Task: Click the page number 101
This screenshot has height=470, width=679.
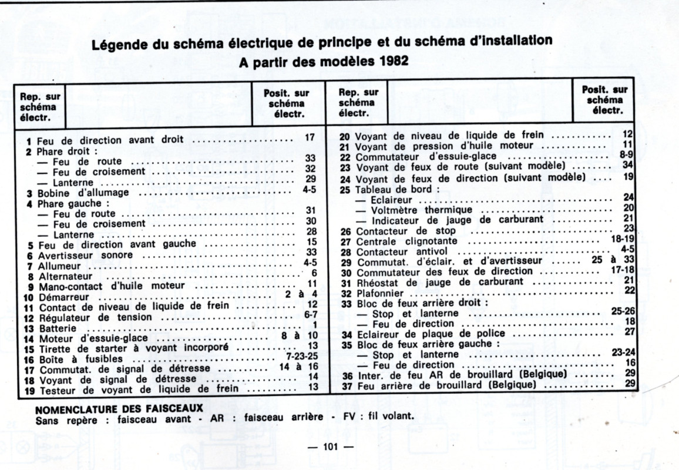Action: [x=331, y=447]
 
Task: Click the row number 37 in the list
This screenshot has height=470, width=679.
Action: [x=347, y=386]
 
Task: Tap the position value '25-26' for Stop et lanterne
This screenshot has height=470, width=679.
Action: [x=623, y=311]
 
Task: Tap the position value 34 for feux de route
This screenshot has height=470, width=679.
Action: [x=627, y=165]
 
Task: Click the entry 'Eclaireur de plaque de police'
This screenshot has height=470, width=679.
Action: [x=422, y=334]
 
